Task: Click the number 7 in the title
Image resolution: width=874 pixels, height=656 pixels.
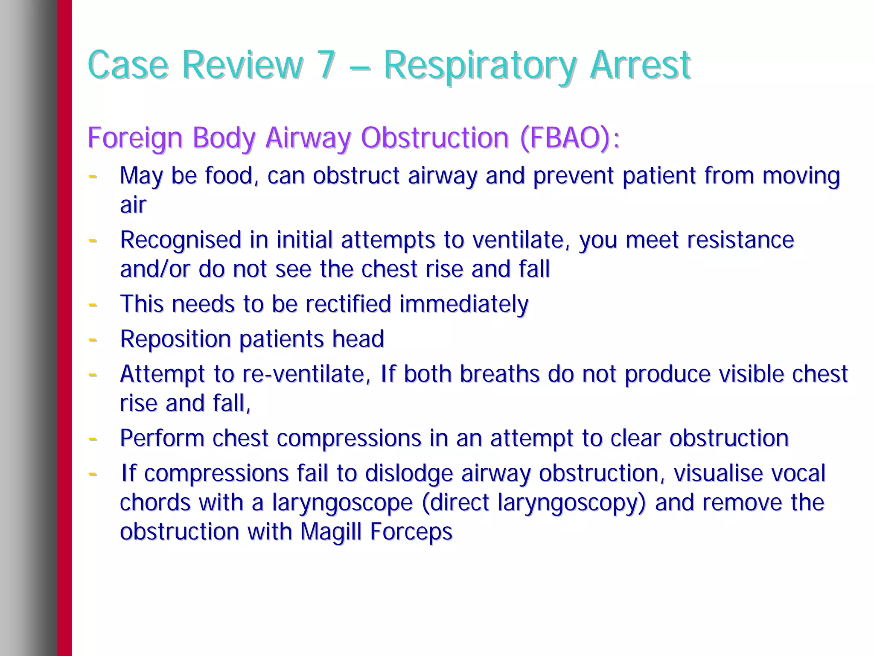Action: tap(326, 65)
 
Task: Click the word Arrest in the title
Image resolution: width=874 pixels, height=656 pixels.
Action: tap(640, 65)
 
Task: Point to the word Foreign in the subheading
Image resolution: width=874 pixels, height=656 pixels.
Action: tap(135, 138)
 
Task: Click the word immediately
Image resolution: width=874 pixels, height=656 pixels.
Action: tap(464, 304)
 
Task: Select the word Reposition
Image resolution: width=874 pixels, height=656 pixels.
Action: tap(175, 340)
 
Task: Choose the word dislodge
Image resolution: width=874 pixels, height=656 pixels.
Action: tap(409, 473)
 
